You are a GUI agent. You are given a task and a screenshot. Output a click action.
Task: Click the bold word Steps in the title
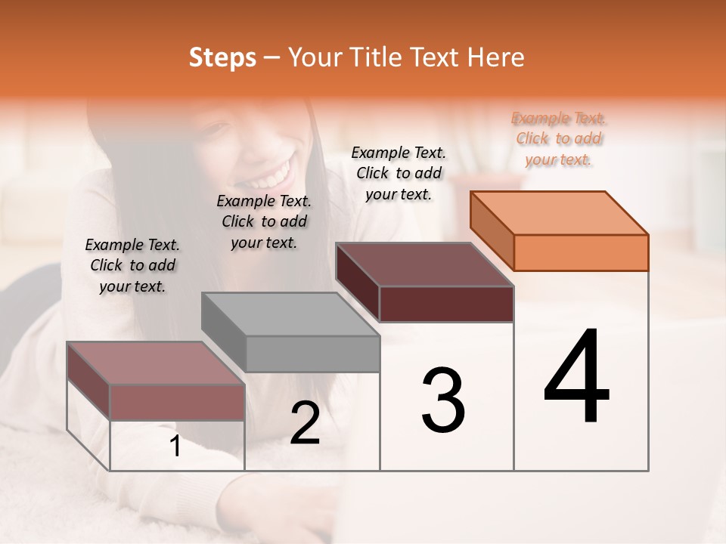coord(222,57)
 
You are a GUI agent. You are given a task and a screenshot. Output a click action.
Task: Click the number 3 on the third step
coord(443,400)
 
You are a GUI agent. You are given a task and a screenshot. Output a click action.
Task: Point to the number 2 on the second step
coord(305,423)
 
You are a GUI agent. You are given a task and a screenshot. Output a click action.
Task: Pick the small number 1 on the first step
coord(175,447)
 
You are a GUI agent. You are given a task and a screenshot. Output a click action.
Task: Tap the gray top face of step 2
coord(291,314)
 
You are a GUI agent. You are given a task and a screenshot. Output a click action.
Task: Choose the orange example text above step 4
coord(559,138)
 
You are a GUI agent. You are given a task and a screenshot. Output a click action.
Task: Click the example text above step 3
coord(399,173)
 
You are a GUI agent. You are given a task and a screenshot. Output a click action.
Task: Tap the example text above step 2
coord(264,221)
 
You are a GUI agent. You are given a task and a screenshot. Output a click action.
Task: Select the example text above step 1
coord(132,265)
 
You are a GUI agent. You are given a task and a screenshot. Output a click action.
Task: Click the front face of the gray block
coord(313,354)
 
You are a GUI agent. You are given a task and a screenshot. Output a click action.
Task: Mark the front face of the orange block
coord(581,252)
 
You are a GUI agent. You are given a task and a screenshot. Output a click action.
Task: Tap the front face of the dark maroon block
coord(446,304)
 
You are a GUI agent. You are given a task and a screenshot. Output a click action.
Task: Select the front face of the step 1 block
coord(177,402)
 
